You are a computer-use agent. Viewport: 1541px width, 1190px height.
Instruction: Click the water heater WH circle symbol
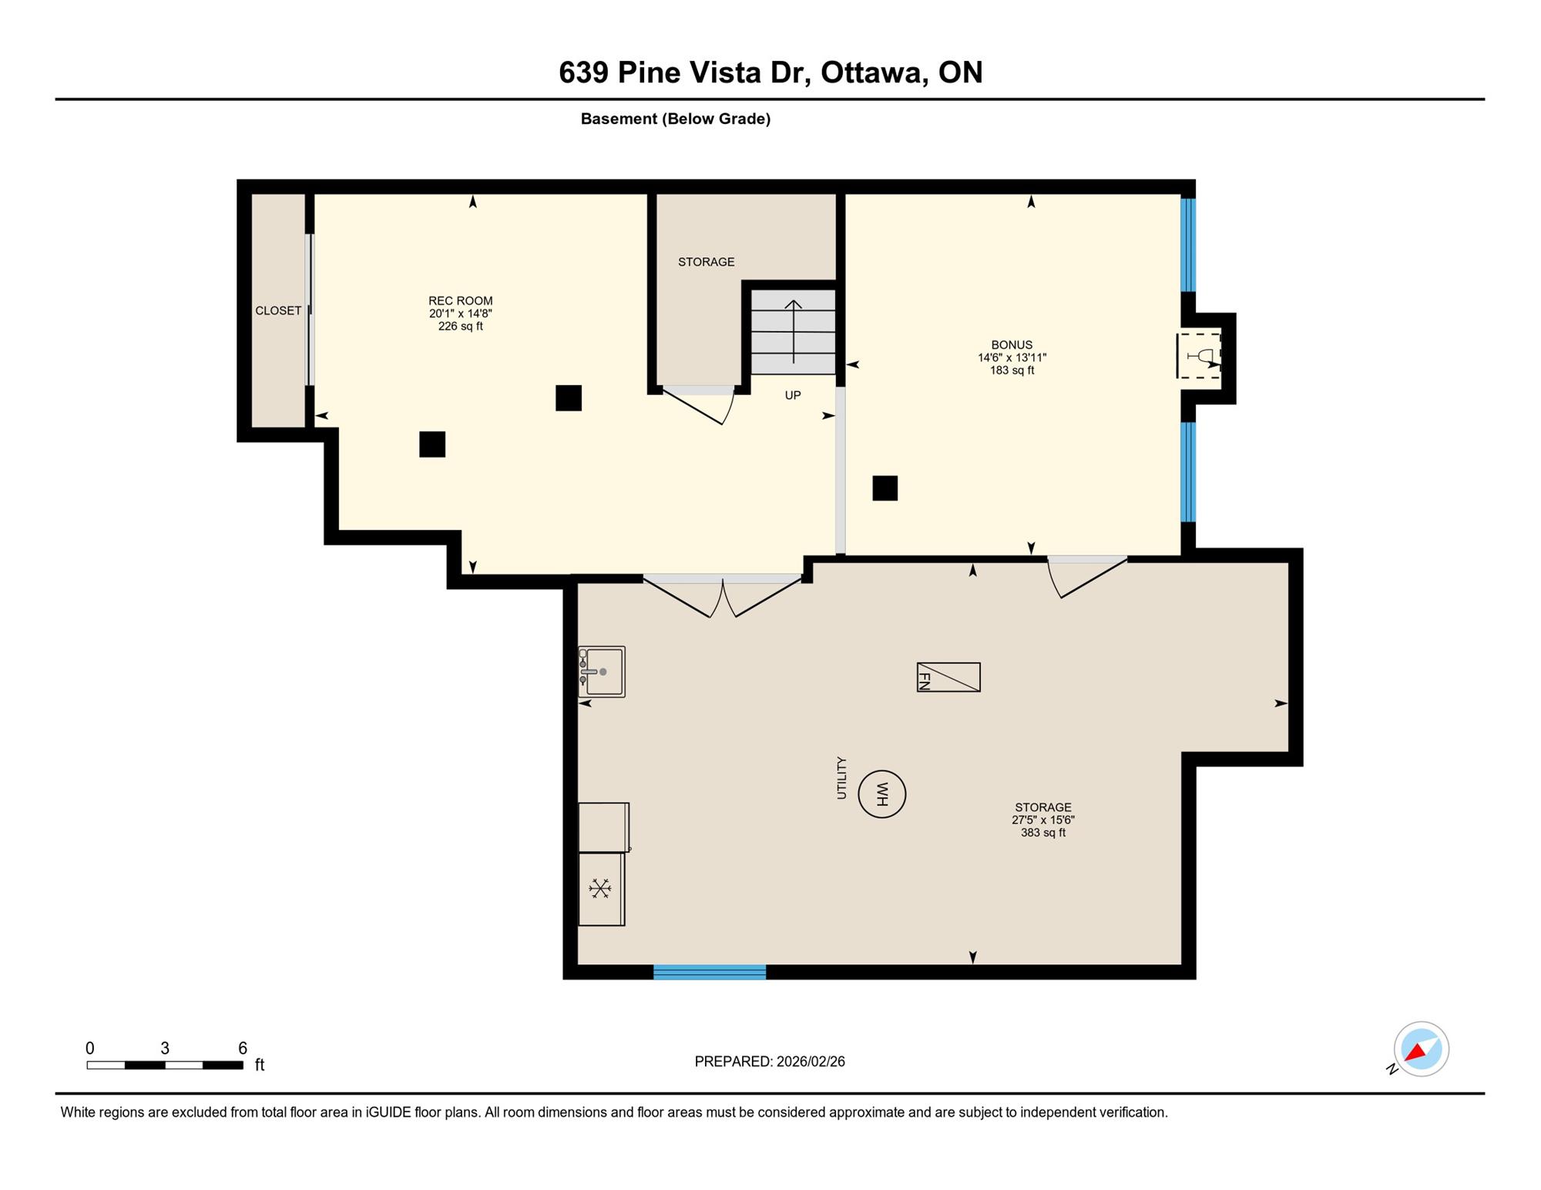coord(881,793)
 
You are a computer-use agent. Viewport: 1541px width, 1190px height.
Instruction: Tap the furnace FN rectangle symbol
coord(948,677)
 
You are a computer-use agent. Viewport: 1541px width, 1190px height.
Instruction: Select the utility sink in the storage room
coord(602,672)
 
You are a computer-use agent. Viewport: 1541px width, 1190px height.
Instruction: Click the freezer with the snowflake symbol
coord(601,889)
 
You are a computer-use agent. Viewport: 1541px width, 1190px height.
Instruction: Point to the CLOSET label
coord(278,310)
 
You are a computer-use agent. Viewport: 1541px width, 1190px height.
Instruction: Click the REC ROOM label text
coord(461,300)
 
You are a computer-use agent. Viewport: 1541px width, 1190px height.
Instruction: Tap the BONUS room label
coord(1012,344)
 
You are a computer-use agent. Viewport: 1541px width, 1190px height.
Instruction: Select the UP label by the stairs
coord(793,395)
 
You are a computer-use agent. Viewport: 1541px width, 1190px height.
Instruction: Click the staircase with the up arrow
coord(793,332)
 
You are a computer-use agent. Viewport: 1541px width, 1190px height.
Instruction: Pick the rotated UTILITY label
coord(841,777)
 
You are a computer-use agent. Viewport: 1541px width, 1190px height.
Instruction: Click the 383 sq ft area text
coord(1043,833)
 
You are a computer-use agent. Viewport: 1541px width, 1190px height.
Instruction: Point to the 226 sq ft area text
coord(461,326)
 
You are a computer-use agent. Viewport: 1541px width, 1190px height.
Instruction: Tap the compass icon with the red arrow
coord(1421,1049)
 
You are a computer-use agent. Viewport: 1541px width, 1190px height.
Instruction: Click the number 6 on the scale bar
coord(243,1048)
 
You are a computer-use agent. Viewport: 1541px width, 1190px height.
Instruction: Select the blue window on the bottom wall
coord(710,972)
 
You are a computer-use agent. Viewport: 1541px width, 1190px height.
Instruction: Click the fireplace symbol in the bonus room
coord(1200,356)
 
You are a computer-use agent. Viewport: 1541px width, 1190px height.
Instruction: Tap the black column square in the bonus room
coord(885,488)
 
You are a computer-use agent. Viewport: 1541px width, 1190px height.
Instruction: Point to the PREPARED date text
coord(770,1061)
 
